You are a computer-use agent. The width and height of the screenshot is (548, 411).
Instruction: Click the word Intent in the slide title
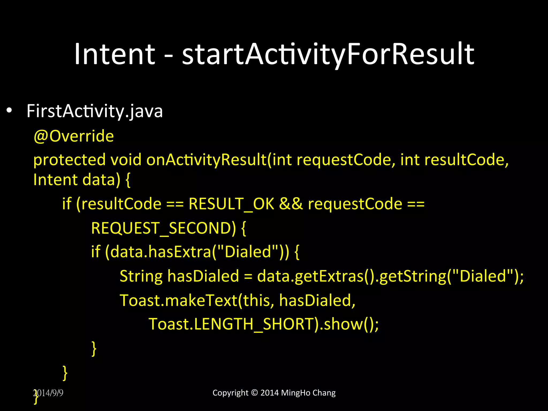coord(115,54)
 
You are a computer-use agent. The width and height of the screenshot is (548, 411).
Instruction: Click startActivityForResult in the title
coord(328,54)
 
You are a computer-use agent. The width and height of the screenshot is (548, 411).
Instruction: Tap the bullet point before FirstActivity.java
coord(9,111)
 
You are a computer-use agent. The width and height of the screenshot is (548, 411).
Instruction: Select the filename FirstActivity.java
coord(94,111)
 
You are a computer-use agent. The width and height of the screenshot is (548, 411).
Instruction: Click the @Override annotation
coord(74,136)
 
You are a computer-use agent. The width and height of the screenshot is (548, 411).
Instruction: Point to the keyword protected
coord(69,160)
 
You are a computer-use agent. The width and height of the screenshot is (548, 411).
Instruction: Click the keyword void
coord(126,160)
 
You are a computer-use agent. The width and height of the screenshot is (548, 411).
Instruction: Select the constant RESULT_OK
coord(231,204)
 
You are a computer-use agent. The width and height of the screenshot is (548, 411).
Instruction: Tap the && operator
coord(291,204)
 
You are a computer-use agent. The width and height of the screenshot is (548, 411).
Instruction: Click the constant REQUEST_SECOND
coord(163,228)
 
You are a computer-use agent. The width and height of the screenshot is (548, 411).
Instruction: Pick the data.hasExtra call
coord(161,252)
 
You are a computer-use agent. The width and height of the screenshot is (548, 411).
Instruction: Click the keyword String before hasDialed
coord(141,276)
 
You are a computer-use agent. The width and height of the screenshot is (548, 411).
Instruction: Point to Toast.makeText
coord(178,300)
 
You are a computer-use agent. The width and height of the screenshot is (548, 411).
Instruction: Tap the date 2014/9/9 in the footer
coord(48,393)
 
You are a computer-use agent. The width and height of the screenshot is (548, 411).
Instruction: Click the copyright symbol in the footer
coord(254,393)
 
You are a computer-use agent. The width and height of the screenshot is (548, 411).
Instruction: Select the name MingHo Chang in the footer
coord(308,393)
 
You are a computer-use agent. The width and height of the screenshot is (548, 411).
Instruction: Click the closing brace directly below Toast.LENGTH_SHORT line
coord(94,348)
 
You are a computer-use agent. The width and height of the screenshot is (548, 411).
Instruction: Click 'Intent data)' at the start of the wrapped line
coord(77,180)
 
